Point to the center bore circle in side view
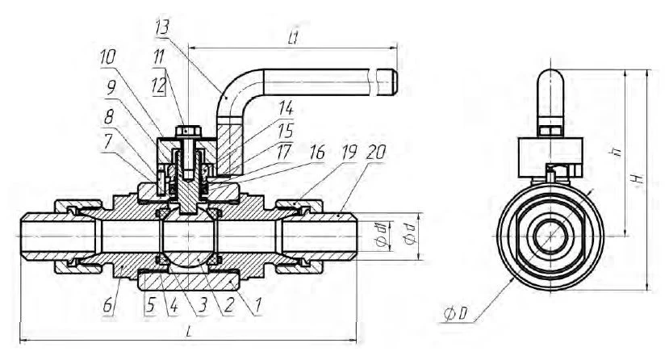549,234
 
